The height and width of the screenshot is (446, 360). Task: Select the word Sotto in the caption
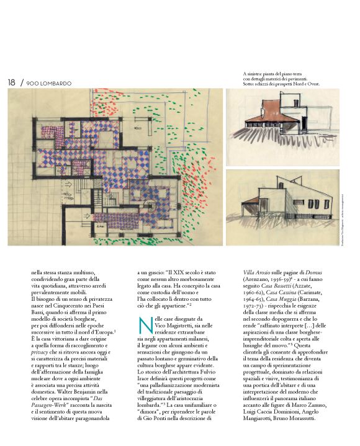coord(250,84)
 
